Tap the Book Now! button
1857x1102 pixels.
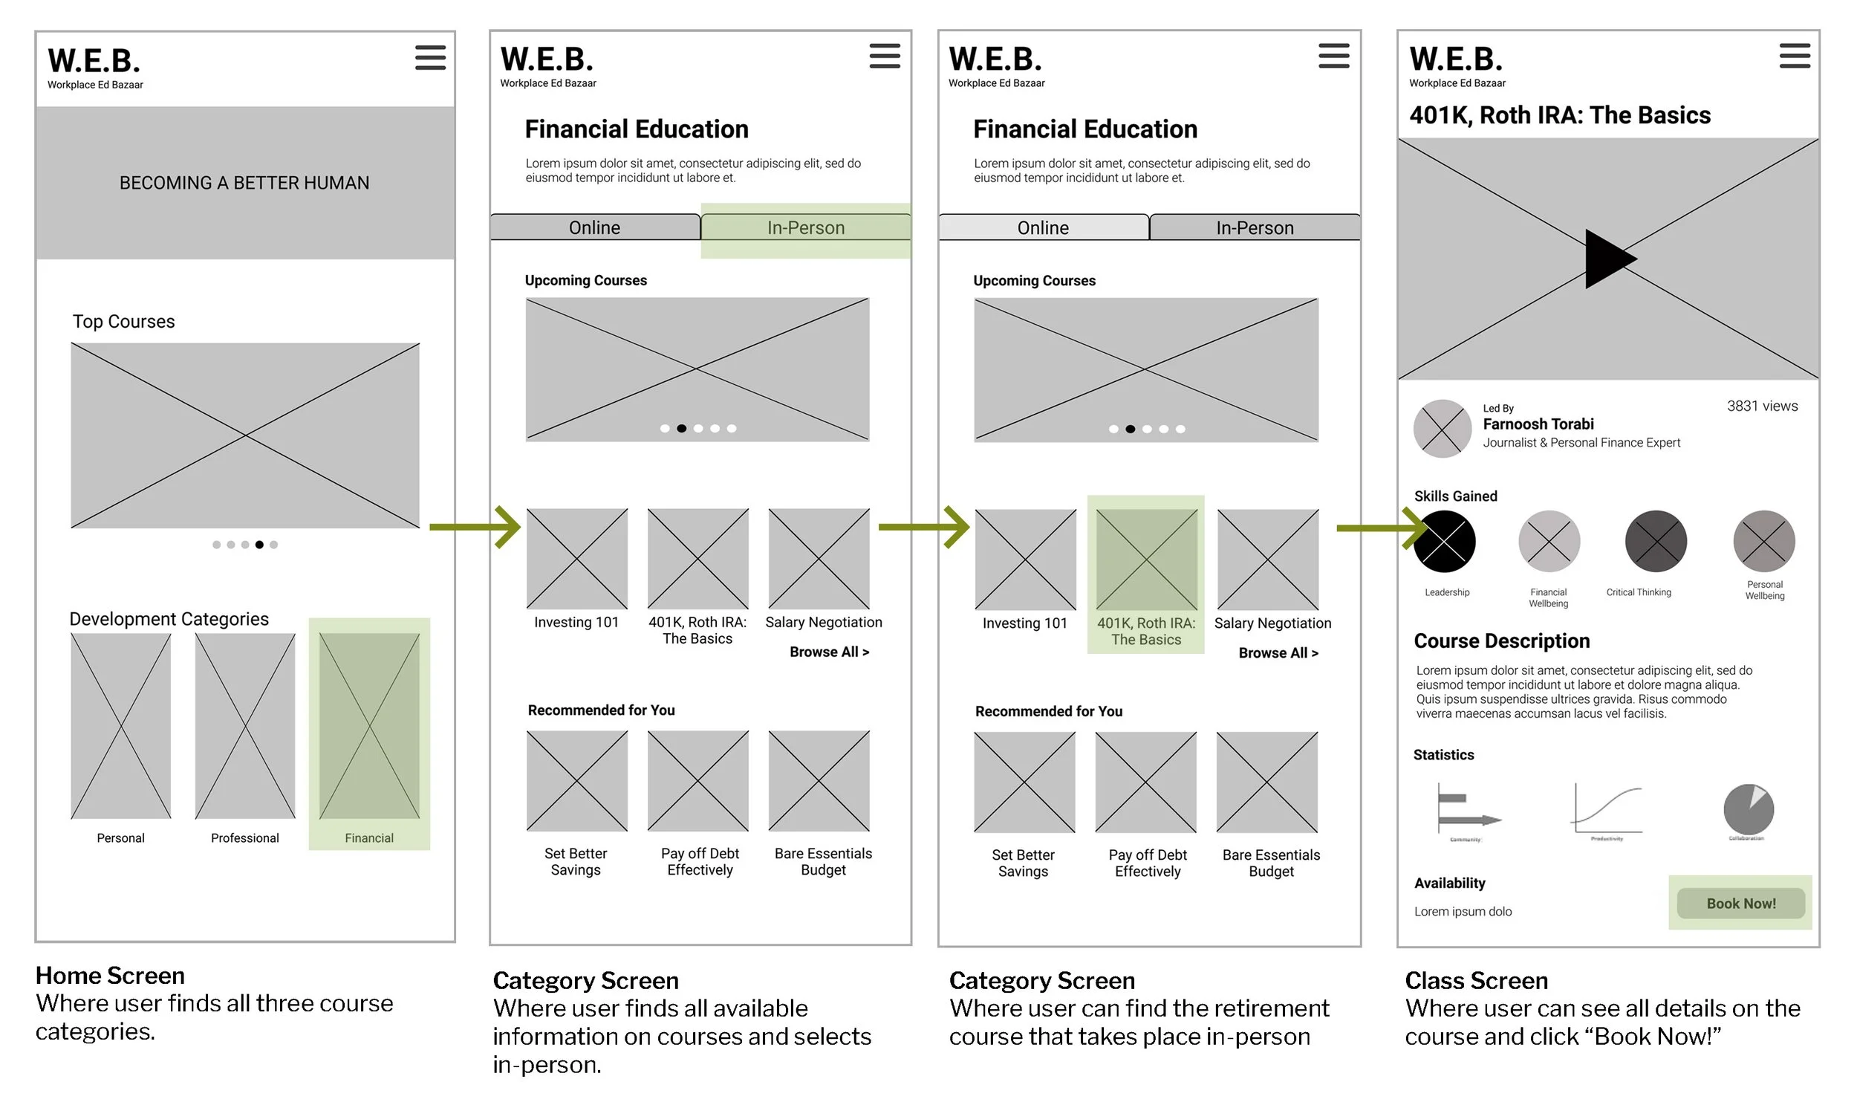[x=1740, y=904]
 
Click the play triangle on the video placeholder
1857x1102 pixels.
[x=1607, y=259]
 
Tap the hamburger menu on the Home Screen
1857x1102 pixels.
[x=430, y=57]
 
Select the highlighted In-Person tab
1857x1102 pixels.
[x=805, y=227]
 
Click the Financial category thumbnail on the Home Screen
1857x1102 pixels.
[x=369, y=725]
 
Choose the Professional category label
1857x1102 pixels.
[x=244, y=838]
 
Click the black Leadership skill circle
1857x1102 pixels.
[x=1444, y=542]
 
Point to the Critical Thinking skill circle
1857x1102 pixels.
[x=1656, y=542]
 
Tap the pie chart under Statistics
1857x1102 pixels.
[x=1748, y=810]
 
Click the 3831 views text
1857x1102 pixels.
[x=1762, y=406]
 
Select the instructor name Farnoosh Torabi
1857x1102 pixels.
[x=1538, y=424]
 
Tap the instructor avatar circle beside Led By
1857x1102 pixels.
[x=1442, y=429]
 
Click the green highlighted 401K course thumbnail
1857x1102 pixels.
[x=1146, y=560]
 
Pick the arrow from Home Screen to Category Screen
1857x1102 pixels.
[x=475, y=527]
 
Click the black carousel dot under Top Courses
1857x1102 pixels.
[x=259, y=545]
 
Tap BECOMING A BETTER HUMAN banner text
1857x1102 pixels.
[x=244, y=183]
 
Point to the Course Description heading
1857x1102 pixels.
[x=1501, y=641]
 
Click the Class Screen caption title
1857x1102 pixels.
[x=1476, y=981]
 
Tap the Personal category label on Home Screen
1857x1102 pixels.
[x=120, y=838]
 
